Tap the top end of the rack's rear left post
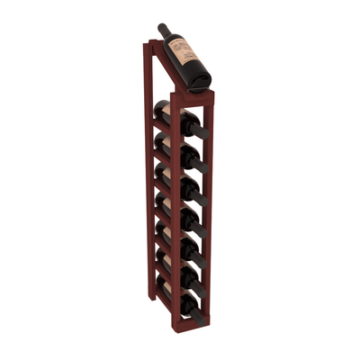(146, 42)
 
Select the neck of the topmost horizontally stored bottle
(200, 130)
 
